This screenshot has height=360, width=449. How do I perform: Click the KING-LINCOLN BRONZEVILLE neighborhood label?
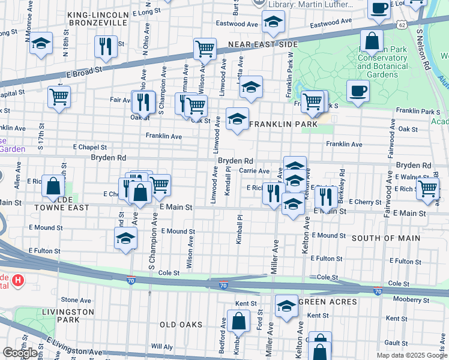pyautogui.click(x=98, y=18)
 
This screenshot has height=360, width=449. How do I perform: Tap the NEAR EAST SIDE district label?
pyautogui.click(x=263, y=45)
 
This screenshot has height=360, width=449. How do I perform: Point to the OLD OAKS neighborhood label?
pyautogui.click(x=181, y=325)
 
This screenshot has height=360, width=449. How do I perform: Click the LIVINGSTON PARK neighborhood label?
pyautogui.click(x=68, y=316)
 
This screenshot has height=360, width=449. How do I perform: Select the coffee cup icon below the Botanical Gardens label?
pyautogui.click(x=358, y=91)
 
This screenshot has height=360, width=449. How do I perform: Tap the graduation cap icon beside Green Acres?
pyautogui.click(x=286, y=305)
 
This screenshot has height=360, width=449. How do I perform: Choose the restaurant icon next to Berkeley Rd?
pyautogui.click(x=326, y=195)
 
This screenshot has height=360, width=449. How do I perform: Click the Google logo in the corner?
pyautogui.click(x=20, y=353)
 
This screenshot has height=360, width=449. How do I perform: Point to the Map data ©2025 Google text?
pyautogui.click(x=411, y=355)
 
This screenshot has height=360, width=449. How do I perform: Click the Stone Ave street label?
pyautogui.click(x=76, y=300)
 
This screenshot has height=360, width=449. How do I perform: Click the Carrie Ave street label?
pyautogui.click(x=254, y=171)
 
